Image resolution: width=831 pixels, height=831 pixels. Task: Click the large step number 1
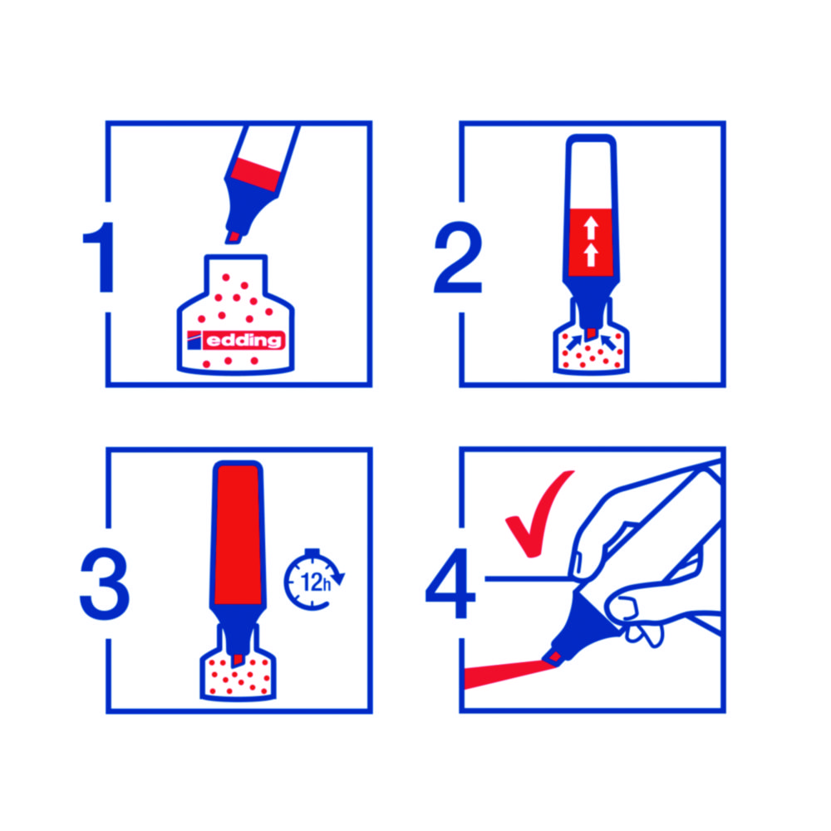(101, 257)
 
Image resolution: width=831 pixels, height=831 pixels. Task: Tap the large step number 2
(458, 257)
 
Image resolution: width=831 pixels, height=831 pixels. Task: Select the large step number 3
(105, 583)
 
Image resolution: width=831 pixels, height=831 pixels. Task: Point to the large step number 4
(451, 583)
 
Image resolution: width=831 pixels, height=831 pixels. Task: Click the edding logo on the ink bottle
(236, 340)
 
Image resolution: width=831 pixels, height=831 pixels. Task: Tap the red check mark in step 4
(539, 513)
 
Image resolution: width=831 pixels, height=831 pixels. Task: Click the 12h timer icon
(314, 580)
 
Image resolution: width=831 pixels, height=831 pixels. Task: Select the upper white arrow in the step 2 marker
(591, 228)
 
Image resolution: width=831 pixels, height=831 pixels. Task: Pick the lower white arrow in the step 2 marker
(591, 255)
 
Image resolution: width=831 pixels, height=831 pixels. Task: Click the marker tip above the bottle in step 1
(234, 237)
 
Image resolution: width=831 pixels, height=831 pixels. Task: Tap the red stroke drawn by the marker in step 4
(509, 673)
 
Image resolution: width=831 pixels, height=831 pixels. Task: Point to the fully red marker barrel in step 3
(238, 534)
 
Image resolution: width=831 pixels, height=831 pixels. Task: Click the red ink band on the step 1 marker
(255, 174)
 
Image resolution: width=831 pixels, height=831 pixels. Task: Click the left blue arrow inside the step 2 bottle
(574, 342)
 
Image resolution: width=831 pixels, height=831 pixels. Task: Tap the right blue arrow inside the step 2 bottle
(608, 342)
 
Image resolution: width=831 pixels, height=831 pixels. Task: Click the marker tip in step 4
(553, 657)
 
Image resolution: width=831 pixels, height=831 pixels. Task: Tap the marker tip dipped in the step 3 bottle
(238, 661)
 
